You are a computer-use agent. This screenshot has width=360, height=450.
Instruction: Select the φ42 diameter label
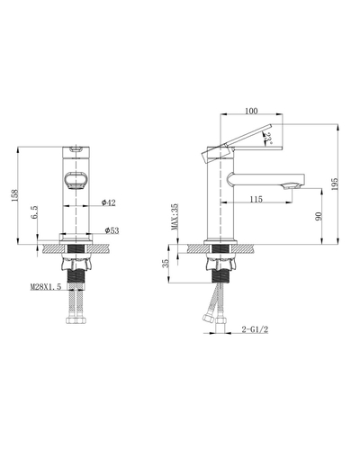tap(107, 203)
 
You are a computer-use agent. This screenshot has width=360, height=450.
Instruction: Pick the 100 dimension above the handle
tap(251, 111)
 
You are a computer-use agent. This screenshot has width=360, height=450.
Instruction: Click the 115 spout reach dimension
tap(256, 198)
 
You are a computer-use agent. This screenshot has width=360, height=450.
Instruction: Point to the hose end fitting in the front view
tap(75, 317)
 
